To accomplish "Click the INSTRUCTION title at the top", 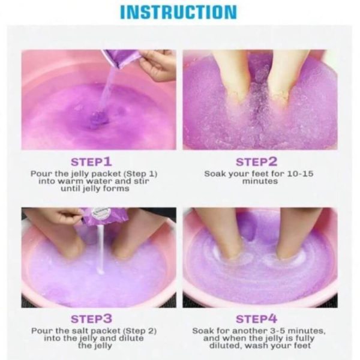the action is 178,12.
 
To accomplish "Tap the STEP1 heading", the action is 91,161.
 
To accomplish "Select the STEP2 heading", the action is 256,161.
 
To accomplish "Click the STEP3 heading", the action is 91,319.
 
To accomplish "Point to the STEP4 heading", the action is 256,319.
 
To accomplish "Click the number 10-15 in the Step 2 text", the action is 301,173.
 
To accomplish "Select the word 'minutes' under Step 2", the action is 260,181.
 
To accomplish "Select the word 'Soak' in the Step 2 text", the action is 214,173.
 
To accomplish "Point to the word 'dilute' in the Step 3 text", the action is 131,338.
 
